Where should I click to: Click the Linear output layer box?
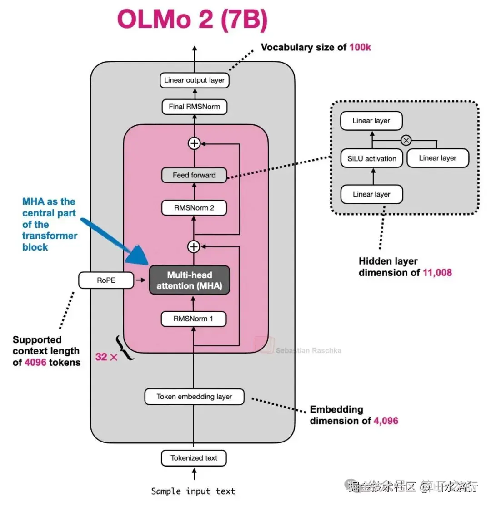[194, 80]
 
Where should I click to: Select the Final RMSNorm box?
[194, 107]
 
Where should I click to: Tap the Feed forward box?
[194, 175]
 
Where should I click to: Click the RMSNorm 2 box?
[194, 208]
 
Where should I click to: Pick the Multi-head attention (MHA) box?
[190, 280]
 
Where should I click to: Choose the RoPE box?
[106, 280]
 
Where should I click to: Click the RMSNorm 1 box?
[194, 319]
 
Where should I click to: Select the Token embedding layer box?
[194, 396]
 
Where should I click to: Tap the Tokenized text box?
[194, 458]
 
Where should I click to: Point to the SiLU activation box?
[372, 158]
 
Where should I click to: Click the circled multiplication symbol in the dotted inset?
[406, 140]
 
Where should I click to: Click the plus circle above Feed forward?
[194, 143]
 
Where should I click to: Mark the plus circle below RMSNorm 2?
[194, 246]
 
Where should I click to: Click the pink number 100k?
[360, 47]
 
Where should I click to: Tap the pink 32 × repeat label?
[106, 357]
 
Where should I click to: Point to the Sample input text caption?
[193, 491]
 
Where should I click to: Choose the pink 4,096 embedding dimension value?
[386, 421]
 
